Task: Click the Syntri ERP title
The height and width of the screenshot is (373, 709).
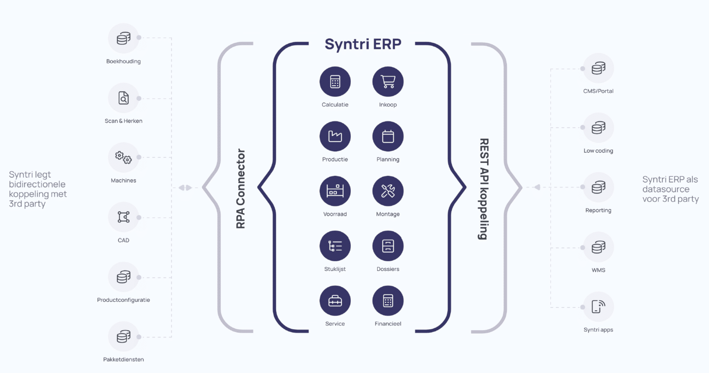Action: tap(363, 44)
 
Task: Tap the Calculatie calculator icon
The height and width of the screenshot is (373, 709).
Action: tap(335, 82)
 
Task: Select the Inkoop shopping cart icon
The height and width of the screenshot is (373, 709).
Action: tap(388, 82)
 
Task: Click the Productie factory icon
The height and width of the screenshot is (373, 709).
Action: tap(335, 137)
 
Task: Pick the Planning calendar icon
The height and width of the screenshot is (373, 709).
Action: tap(388, 137)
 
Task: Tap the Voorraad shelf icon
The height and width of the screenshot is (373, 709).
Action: tap(335, 191)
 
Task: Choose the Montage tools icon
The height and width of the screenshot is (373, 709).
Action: tap(388, 191)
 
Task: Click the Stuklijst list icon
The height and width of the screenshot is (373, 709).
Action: tap(335, 246)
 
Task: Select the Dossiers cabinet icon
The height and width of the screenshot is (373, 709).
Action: tap(388, 246)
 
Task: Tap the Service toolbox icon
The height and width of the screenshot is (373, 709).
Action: tap(335, 301)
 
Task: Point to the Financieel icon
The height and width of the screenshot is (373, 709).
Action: tap(388, 301)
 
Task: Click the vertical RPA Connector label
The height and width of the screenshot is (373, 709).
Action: tap(240, 188)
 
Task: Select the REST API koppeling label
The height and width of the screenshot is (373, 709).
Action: tap(483, 188)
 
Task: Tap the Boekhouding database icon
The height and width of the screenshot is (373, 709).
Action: tap(123, 39)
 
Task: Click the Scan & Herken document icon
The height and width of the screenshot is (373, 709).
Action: tap(123, 98)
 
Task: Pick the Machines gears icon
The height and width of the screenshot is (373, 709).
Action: tap(123, 157)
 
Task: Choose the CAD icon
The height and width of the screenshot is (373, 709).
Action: tap(123, 217)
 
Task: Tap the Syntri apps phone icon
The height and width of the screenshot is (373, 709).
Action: tap(598, 307)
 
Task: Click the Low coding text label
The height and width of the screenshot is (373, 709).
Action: tap(598, 150)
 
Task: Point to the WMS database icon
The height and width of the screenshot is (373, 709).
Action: tap(598, 247)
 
